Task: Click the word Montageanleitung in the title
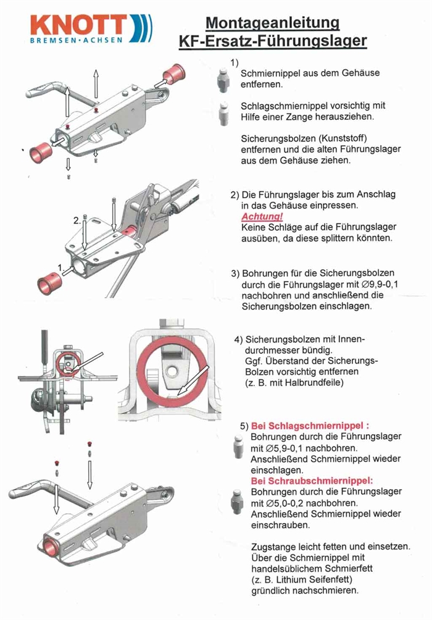272,23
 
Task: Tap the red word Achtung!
262,216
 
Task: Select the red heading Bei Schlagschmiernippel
310,426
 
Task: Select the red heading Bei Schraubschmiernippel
312,481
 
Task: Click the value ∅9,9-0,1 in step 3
380,284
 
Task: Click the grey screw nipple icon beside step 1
223,80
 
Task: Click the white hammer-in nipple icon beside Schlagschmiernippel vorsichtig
223,114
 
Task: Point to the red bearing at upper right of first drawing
174,74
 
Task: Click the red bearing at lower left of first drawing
41,153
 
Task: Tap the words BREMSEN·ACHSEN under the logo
77,40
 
